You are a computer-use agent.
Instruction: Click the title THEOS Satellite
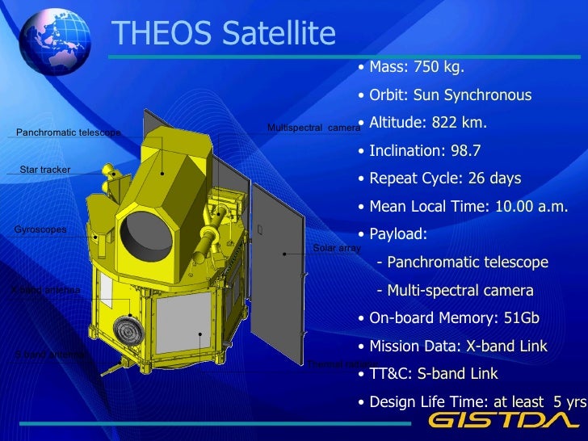pos(223,34)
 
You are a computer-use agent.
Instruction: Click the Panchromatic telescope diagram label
pos(69,132)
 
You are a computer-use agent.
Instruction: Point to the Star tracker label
pos(45,170)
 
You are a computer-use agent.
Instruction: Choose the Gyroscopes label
pos(40,230)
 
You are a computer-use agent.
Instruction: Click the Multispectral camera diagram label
pos(313,128)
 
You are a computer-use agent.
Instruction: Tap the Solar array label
pos(336,248)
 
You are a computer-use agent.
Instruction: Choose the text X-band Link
pos(506,346)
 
